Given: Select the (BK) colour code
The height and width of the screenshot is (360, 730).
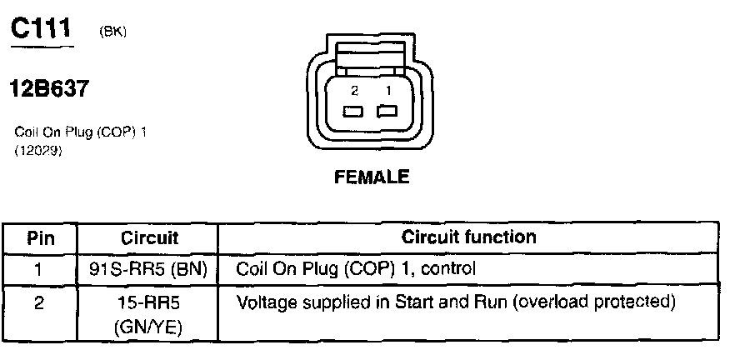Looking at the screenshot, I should tap(112, 32).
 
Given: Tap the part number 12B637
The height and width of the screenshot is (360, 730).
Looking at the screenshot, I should tap(48, 88).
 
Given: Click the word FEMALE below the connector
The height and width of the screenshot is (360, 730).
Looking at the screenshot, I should tap(372, 177).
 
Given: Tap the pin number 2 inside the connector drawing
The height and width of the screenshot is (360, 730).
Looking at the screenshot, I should tap(354, 89).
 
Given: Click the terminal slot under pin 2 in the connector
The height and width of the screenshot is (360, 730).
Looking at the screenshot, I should tap(352, 112).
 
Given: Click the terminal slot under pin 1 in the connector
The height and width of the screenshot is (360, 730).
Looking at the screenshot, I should tap(387, 112).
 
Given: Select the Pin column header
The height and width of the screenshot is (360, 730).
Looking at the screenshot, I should tap(39, 237).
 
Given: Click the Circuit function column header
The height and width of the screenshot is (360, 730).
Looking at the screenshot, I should tap(468, 237).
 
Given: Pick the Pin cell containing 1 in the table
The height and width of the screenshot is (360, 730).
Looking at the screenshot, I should tap(39, 269).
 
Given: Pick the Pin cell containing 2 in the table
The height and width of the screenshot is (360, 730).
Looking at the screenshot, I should tap(39, 302).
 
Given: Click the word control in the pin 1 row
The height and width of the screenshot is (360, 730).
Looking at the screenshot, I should tap(450, 269).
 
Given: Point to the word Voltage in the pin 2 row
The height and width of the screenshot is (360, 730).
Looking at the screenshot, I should tap(264, 301).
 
